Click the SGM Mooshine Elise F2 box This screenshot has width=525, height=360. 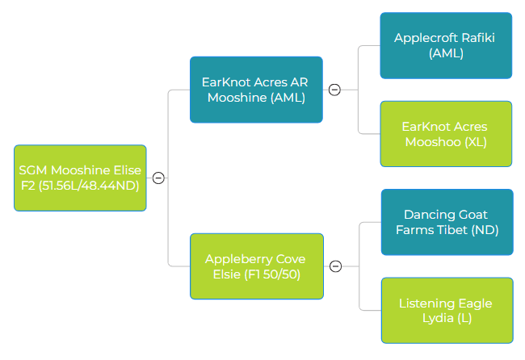tap(80, 178)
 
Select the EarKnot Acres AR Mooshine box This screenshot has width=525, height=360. tap(256, 90)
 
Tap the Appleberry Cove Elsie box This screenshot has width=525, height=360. tap(257, 266)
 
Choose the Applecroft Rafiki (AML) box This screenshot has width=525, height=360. tap(446, 45)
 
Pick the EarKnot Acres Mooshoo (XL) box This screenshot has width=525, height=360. tap(446, 134)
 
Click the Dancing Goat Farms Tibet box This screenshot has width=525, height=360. tap(447, 222)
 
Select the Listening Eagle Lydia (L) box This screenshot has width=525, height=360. tap(447, 310)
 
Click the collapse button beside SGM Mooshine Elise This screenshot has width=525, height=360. tap(158, 178)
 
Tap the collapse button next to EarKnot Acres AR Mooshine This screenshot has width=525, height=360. tap(334, 90)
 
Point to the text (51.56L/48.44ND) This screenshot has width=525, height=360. tap(89, 186)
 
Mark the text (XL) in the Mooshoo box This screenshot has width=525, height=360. tap(476, 142)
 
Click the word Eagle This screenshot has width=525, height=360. tap(475, 303)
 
